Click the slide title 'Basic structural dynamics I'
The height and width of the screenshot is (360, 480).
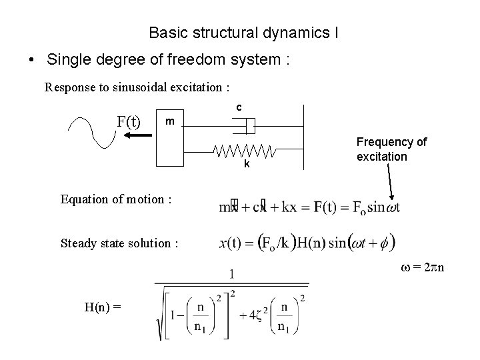pos(243,32)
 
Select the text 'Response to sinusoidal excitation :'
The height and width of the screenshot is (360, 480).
pos(137,87)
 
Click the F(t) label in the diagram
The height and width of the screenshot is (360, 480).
pos(129,122)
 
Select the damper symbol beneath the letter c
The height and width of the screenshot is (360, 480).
pos(247,125)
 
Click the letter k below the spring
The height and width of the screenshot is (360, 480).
pos(246,164)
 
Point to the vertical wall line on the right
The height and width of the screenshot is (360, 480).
pos(303,137)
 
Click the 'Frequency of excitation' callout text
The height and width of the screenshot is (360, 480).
pos(391,149)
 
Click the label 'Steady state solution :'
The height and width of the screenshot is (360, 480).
pos(119,243)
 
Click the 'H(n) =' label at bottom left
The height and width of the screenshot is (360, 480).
pos(103,307)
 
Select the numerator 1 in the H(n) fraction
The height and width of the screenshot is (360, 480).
pos(231,273)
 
